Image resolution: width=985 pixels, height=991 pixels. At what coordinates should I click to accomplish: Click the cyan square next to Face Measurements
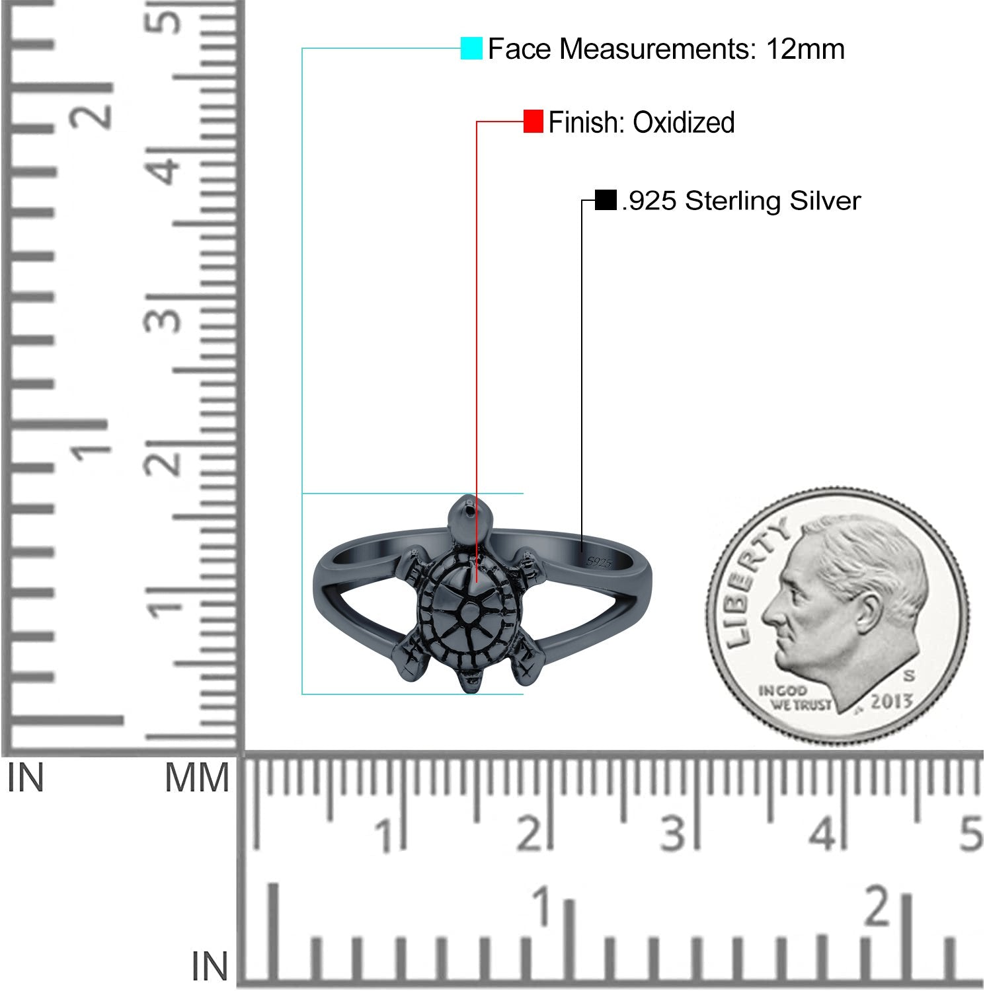471,48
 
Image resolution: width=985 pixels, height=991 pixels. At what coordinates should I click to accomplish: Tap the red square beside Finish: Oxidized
533,122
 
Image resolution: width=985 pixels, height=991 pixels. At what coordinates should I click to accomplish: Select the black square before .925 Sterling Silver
606,200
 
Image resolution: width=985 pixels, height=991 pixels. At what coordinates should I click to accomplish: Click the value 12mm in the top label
805,49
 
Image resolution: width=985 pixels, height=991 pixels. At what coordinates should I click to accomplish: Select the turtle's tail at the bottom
472,681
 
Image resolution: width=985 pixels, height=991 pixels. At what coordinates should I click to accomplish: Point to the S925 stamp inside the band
599,562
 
